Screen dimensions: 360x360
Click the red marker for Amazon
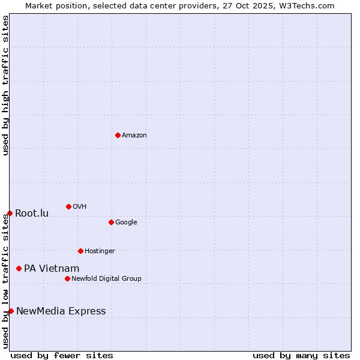coord(118,135)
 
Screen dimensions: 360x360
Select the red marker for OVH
coord(68,206)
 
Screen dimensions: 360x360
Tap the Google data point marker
coord(111,222)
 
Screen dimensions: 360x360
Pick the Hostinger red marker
coord(80,251)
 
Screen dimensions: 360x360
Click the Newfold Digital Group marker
coord(67,278)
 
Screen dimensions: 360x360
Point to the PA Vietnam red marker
coord(19,268)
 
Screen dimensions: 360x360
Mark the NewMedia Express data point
coord(11,311)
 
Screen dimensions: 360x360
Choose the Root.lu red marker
coord(10,213)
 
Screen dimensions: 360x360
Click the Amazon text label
coord(134,136)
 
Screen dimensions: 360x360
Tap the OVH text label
coord(80,207)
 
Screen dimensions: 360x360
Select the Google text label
coord(126,223)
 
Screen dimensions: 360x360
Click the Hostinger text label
coord(100,251)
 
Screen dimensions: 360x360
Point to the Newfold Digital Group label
coord(107,279)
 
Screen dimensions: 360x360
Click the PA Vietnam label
coord(52,269)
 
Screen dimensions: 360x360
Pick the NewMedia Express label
coord(61,311)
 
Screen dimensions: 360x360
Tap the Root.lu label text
coord(32,214)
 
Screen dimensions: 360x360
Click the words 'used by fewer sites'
coord(62,356)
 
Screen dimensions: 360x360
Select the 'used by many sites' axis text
coord(301,356)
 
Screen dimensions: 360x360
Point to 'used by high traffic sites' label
coord(5,85)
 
